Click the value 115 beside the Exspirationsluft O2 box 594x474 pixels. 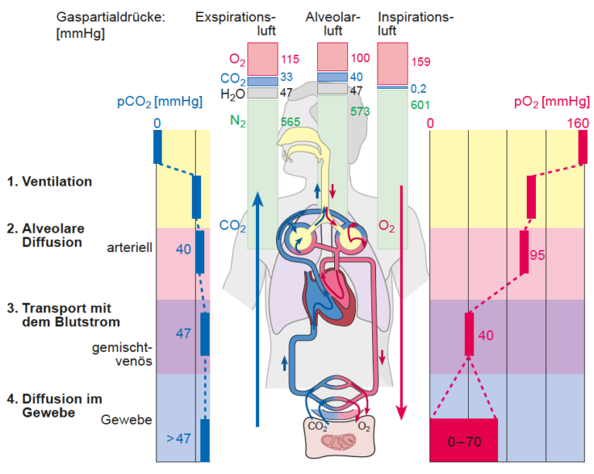290,60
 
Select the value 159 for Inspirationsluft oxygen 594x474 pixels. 421,62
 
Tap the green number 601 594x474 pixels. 420,105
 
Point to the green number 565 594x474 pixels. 290,122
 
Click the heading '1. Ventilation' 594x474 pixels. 49,182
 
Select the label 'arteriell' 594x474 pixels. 130,247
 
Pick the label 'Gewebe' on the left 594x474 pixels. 127,419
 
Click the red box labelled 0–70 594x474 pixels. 464,440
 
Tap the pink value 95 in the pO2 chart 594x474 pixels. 538,255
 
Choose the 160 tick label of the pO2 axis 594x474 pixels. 578,124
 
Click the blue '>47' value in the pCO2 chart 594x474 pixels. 179,438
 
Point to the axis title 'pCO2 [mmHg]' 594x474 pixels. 160,102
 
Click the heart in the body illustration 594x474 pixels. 329,296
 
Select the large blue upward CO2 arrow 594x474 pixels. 258,309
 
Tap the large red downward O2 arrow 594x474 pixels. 401,303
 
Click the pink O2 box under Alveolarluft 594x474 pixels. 333,56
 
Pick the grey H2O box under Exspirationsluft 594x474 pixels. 262,93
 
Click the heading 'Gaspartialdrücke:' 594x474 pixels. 111,18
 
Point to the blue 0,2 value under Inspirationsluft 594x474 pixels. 418,89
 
